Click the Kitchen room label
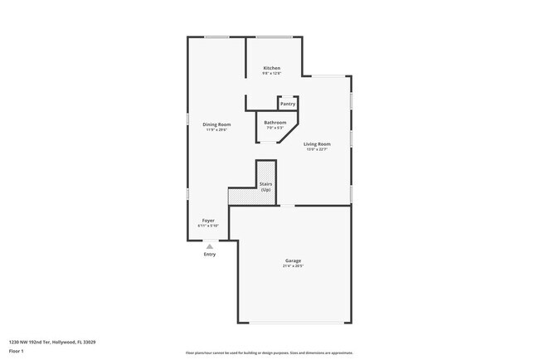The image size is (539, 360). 272,68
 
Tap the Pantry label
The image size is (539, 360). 288,104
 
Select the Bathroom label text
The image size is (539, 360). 275,123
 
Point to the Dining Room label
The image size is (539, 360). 216,124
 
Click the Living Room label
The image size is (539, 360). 317,144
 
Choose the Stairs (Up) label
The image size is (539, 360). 265,187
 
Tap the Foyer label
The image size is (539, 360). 208,221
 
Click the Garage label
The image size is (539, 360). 294,261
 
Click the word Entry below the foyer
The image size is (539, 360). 210,254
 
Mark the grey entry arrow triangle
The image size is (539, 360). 210,246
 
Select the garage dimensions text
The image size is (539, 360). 294,266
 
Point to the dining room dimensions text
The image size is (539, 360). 216,129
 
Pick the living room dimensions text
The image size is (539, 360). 317,149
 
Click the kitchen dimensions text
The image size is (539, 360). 272,73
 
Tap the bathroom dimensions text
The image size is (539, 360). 275,128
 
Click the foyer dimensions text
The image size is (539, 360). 208,226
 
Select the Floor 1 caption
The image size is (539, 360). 17,351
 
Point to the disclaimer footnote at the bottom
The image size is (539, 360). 269,353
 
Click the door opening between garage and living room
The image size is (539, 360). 286,206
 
